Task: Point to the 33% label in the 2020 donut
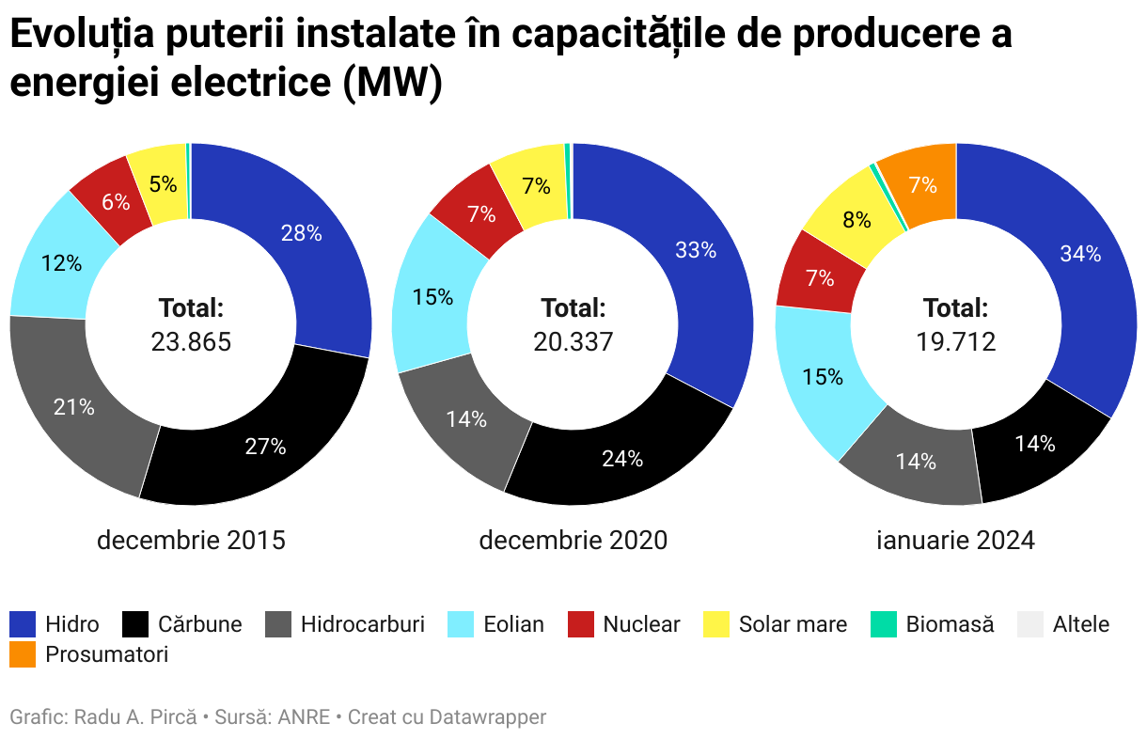click(696, 250)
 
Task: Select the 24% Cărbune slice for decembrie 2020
click(622, 459)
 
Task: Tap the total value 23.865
click(191, 341)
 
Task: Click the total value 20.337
click(573, 341)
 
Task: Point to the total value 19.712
click(956, 341)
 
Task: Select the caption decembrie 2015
click(191, 541)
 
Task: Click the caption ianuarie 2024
click(955, 541)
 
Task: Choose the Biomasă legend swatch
click(884, 624)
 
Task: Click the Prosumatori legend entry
click(106, 654)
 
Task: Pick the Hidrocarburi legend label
click(363, 624)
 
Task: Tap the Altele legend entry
click(1081, 624)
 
